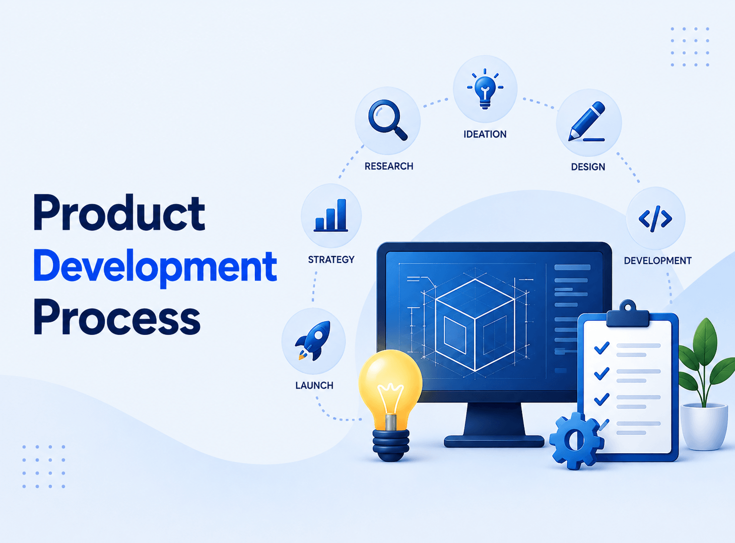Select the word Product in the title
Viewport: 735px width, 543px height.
coord(119,213)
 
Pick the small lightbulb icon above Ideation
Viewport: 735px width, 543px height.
coord(485,89)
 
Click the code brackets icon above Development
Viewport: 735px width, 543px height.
coord(655,219)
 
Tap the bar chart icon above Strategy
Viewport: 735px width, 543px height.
coord(330,215)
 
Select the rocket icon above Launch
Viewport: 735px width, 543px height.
coord(313,340)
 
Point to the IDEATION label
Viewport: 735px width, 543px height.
coord(485,134)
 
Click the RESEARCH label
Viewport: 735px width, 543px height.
coord(389,166)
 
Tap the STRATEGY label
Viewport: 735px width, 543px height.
coord(331,259)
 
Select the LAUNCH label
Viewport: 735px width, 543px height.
coord(314,385)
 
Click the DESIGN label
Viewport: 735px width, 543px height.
coord(588,167)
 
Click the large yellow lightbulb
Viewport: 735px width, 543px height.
coord(390,405)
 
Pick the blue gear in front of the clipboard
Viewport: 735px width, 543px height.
coord(576,441)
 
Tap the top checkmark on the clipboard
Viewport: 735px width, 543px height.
coord(602,348)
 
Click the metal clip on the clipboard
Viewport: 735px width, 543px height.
coord(628,314)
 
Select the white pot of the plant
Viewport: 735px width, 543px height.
coord(704,427)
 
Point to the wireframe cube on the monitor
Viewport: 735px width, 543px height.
coord(475,325)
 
